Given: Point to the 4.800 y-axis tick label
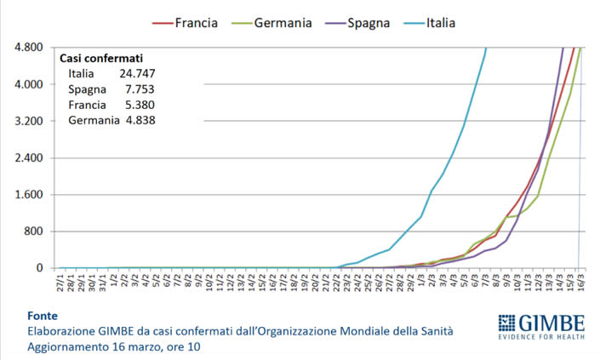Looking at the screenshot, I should coord(28,48).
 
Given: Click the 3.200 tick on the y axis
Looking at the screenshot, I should coord(28,121).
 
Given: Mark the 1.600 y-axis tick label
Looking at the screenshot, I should coord(28,194).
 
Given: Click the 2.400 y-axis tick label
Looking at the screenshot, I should coord(28,157).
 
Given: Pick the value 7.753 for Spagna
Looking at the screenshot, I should coord(137,89).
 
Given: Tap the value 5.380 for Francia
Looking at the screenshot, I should coord(137,105).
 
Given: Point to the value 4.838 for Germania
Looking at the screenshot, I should coord(137,120).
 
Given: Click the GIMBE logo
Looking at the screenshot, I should coord(541,323).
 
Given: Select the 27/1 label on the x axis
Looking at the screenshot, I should coord(60,282).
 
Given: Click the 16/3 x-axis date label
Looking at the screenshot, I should coord(581,282).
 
